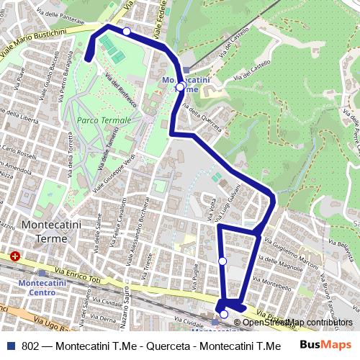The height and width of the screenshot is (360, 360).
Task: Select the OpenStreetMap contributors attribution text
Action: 297,323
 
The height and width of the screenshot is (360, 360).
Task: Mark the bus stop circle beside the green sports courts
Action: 127,31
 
